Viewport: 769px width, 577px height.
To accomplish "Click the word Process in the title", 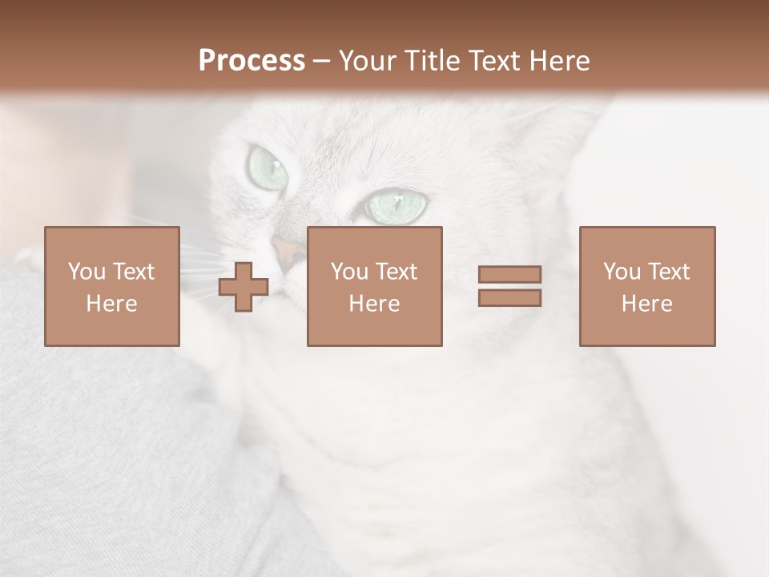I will (252, 61).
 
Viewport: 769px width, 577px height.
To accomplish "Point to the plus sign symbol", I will (244, 287).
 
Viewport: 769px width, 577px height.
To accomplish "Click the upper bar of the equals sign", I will (509, 274).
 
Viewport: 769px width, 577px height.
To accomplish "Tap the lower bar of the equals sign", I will (509, 297).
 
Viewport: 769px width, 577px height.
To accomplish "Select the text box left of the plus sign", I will (111, 286).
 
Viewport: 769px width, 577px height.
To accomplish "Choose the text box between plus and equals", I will (374, 286).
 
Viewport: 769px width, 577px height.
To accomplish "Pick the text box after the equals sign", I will (647, 286).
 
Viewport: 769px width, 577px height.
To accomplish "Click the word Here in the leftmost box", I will (111, 304).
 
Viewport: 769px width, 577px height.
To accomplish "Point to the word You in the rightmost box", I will (622, 272).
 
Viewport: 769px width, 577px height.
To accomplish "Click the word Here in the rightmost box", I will (647, 304).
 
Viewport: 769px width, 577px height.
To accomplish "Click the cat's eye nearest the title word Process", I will (268, 167).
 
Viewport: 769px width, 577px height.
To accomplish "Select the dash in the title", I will (322, 61).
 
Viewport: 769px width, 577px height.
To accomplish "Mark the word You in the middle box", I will (349, 272).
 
